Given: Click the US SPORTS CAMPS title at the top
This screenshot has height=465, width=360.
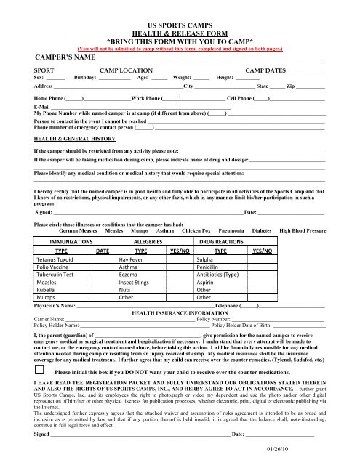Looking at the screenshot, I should (179, 14).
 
